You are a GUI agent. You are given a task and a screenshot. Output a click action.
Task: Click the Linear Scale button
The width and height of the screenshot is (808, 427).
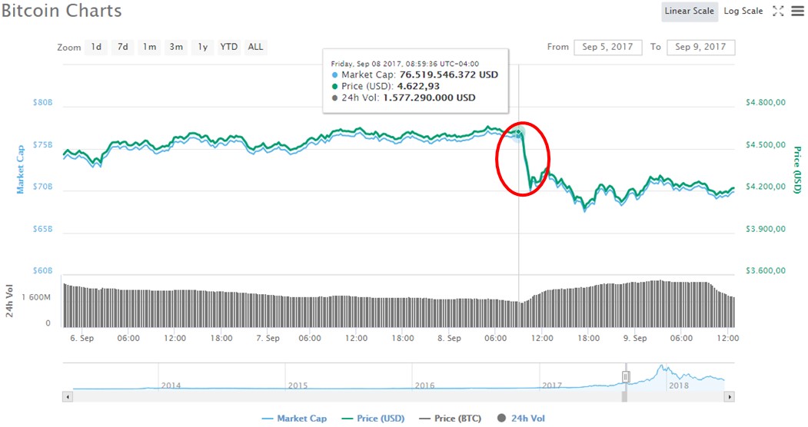point(689,11)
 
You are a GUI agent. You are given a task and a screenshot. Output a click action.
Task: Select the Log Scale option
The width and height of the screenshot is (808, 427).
point(743,11)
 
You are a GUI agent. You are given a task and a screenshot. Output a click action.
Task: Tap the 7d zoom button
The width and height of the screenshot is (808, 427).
point(122,47)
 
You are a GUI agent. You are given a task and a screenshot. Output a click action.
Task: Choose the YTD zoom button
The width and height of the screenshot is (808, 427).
point(228,47)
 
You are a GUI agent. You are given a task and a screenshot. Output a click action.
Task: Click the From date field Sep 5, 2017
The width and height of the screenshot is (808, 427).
point(607,47)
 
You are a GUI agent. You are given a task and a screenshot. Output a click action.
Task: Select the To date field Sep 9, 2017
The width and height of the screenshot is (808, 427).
point(700,47)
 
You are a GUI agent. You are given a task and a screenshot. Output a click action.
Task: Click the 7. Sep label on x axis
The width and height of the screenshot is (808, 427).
point(267,338)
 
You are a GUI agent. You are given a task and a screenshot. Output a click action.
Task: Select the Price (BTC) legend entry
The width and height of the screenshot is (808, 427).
point(453,419)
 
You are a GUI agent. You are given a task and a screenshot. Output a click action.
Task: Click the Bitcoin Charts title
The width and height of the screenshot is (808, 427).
point(62,12)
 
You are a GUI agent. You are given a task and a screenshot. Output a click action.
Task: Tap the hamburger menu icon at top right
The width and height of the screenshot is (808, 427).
point(796,11)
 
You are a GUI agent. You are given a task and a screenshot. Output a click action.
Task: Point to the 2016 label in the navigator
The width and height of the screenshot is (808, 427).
point(424,385)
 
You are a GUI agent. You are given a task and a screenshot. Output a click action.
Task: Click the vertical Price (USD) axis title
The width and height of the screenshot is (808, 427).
point(797,170)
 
